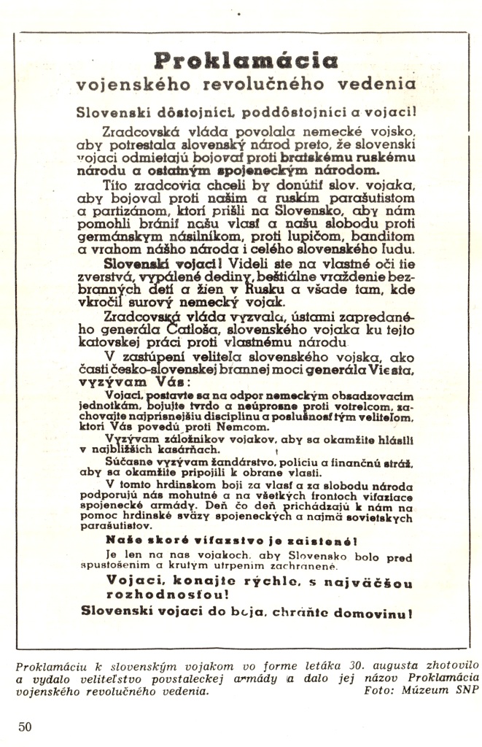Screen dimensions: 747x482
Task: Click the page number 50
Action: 26,727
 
